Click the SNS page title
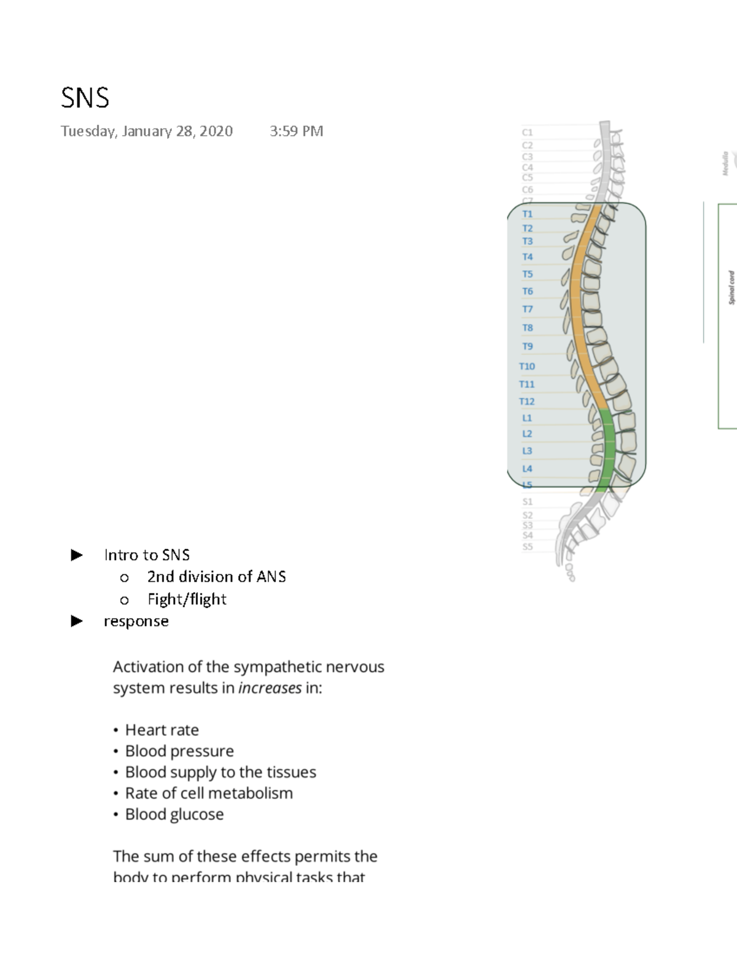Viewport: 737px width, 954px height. (85, 98)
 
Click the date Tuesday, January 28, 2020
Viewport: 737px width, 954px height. (146, 131)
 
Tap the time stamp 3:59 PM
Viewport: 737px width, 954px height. (296, 131)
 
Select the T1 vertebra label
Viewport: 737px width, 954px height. (527, 214)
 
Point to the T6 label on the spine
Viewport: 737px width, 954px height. (527, 291)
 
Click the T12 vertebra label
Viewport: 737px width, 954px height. (526, 401)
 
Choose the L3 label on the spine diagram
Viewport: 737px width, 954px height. (526, 451)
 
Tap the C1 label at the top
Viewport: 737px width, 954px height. (527, 132)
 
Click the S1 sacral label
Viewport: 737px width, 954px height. (527, 502)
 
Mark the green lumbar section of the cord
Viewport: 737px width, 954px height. (607, 448)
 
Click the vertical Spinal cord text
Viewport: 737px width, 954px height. (731, 287)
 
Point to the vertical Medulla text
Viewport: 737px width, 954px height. (725, 163)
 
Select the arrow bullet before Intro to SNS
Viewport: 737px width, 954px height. (77, 555)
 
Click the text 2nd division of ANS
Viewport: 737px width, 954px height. (216, 577)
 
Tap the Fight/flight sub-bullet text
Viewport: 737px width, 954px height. (187, 599)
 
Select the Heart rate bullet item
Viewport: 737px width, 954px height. (162, 730)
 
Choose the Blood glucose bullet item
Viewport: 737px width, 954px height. (174, 814)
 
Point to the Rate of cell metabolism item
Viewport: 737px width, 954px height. (208, 793)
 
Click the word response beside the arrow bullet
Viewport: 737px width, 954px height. (136, 621)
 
